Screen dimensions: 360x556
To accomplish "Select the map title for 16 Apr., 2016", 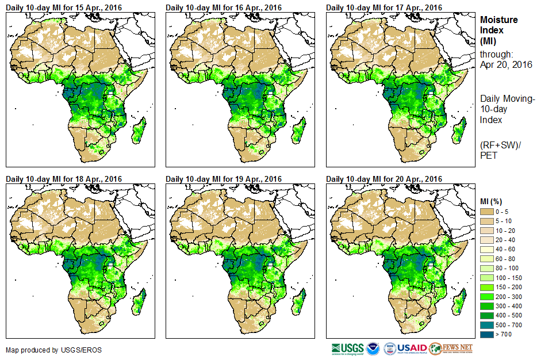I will tap(224, 7).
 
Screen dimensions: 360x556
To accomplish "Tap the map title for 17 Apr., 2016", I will tap(384, 7).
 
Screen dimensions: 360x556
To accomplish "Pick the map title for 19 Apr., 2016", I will tap(224, 179).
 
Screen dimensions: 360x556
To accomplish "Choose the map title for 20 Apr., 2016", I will tap(384, 179).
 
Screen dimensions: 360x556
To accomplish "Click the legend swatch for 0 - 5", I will tap(487, 212).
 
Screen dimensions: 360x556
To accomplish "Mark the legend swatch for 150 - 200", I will tap(487, 286).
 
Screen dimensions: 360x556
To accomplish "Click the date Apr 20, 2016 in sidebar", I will tap(506, 64).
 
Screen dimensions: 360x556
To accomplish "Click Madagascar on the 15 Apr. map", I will tap(138, 131).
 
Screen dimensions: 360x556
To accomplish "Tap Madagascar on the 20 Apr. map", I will tap(458, 303).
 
